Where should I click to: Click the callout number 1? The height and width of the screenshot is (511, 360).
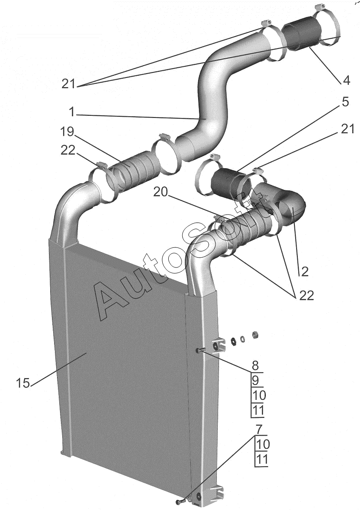click(72, 112)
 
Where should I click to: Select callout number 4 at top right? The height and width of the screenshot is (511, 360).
click(346, 80)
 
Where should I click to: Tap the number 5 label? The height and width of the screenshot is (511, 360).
click(346, 101)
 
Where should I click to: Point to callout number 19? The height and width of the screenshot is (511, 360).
click(67, 132)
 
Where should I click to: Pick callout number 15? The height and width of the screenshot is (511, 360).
click(23, 383)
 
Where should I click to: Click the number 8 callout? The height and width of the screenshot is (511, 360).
click(256, 365)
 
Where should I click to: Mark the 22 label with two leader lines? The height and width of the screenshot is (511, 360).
click(307, 296)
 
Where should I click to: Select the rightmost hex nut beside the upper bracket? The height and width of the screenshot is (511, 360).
click(256, 335)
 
